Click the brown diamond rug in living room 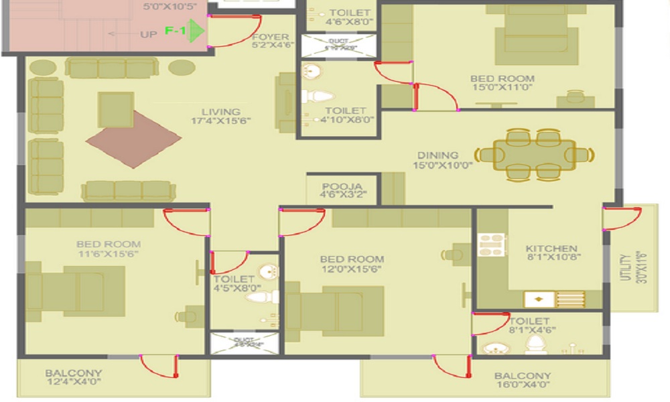(x=134, y=139)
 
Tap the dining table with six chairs (x=535, y=155)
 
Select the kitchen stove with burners (x=490, y=245)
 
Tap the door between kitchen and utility (x=623, y=218)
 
